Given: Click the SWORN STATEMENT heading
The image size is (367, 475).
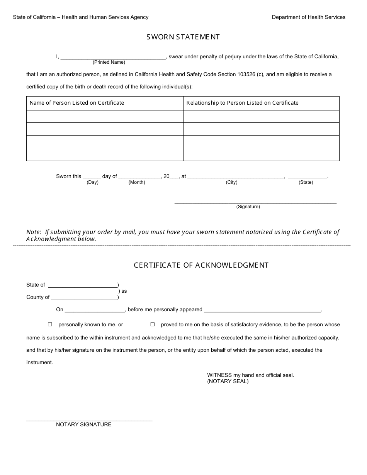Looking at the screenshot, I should point(183,37).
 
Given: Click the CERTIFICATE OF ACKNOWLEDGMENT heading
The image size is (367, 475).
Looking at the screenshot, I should point(201,265).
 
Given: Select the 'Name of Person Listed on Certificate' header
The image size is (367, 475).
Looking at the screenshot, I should point(77,103).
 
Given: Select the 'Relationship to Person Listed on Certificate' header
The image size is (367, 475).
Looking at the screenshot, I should point(242,103).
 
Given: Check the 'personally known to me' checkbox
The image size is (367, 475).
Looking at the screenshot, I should point(50,325).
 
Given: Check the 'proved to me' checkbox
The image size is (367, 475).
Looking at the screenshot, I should point(153,325).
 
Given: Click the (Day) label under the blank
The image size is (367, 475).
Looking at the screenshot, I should point(93,182).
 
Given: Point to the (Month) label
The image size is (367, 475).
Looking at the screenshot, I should point(137,182).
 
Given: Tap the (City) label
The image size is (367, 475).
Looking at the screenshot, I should point(232,182).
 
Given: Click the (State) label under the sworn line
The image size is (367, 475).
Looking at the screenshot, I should point(306,182).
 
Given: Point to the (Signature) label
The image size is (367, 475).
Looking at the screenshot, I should point(248,207).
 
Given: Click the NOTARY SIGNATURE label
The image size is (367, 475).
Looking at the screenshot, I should point(84,424).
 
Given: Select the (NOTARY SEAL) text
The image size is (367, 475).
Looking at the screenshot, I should point(228,381).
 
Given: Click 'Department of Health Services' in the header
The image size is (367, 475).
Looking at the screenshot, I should point(308,17).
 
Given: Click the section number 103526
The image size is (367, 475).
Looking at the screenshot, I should point(251,74).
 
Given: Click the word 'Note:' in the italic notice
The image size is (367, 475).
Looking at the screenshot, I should point(34,232).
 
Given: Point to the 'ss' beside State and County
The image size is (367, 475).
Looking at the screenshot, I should point(124,291).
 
